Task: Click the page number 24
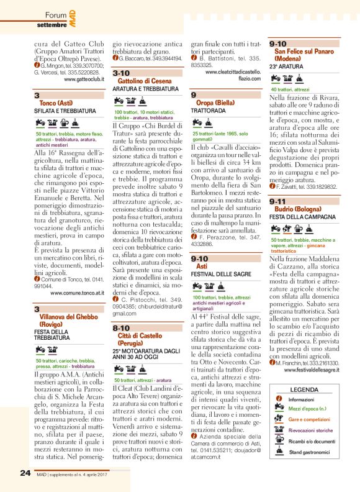[x=25, y=474]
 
